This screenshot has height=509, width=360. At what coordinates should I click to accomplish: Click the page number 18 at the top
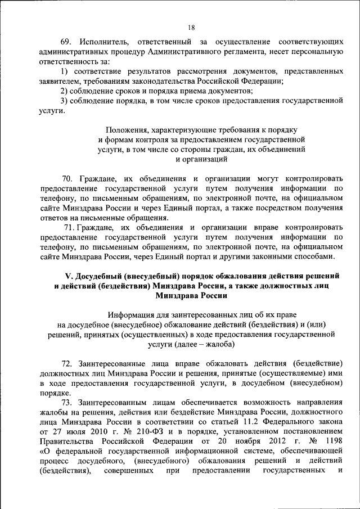click(x=191, y=26)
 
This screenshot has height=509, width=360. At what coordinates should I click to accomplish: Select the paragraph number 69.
click(x=66, y=43)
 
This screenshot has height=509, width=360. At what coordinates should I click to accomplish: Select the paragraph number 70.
click(x=67, y=179)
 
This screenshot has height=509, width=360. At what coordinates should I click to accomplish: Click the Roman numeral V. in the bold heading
click(x=70, y=276)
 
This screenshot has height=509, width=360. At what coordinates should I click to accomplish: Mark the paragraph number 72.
click(x=67, y=363)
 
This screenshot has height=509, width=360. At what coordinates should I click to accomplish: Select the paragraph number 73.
click(x=67, y=402)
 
